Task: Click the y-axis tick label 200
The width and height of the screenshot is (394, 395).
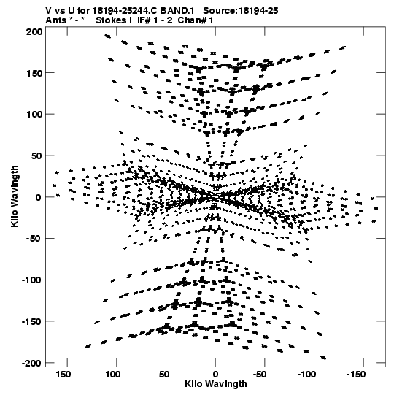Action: tap(34, 31)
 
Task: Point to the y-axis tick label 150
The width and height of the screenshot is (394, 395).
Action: tap(34, 73)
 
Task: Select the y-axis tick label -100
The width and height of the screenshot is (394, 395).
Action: tap(31, 280)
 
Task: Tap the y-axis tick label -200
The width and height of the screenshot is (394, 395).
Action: tap(31, 363)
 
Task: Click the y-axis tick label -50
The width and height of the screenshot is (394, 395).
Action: tap(34, 239)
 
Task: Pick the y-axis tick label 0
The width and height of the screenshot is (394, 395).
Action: tap(38, 197)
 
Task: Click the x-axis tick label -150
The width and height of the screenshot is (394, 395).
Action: tap(356, 375)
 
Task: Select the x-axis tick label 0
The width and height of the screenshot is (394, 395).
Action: tap(215, 375)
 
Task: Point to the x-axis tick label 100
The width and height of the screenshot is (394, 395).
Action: tap(112, 375)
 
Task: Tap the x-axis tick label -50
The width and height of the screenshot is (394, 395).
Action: tap(259, 375)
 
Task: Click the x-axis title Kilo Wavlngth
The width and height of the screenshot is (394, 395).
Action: tap(216, 384)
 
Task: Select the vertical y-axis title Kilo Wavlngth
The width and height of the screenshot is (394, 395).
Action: tap(15, 196)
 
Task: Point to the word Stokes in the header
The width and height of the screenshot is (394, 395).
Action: tap(112, 20)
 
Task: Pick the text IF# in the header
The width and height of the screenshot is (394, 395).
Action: tap(144, 20)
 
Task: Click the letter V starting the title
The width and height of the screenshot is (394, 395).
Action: tap(48, 11)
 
